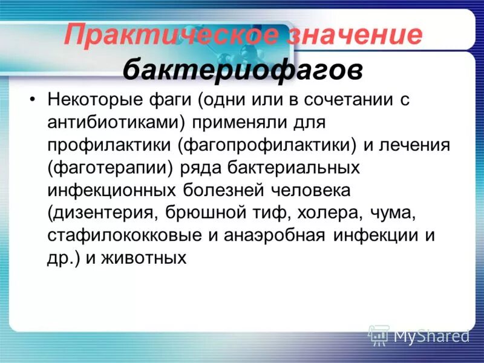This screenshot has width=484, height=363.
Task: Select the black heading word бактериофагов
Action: pyautogui.click(x=243, y=71)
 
